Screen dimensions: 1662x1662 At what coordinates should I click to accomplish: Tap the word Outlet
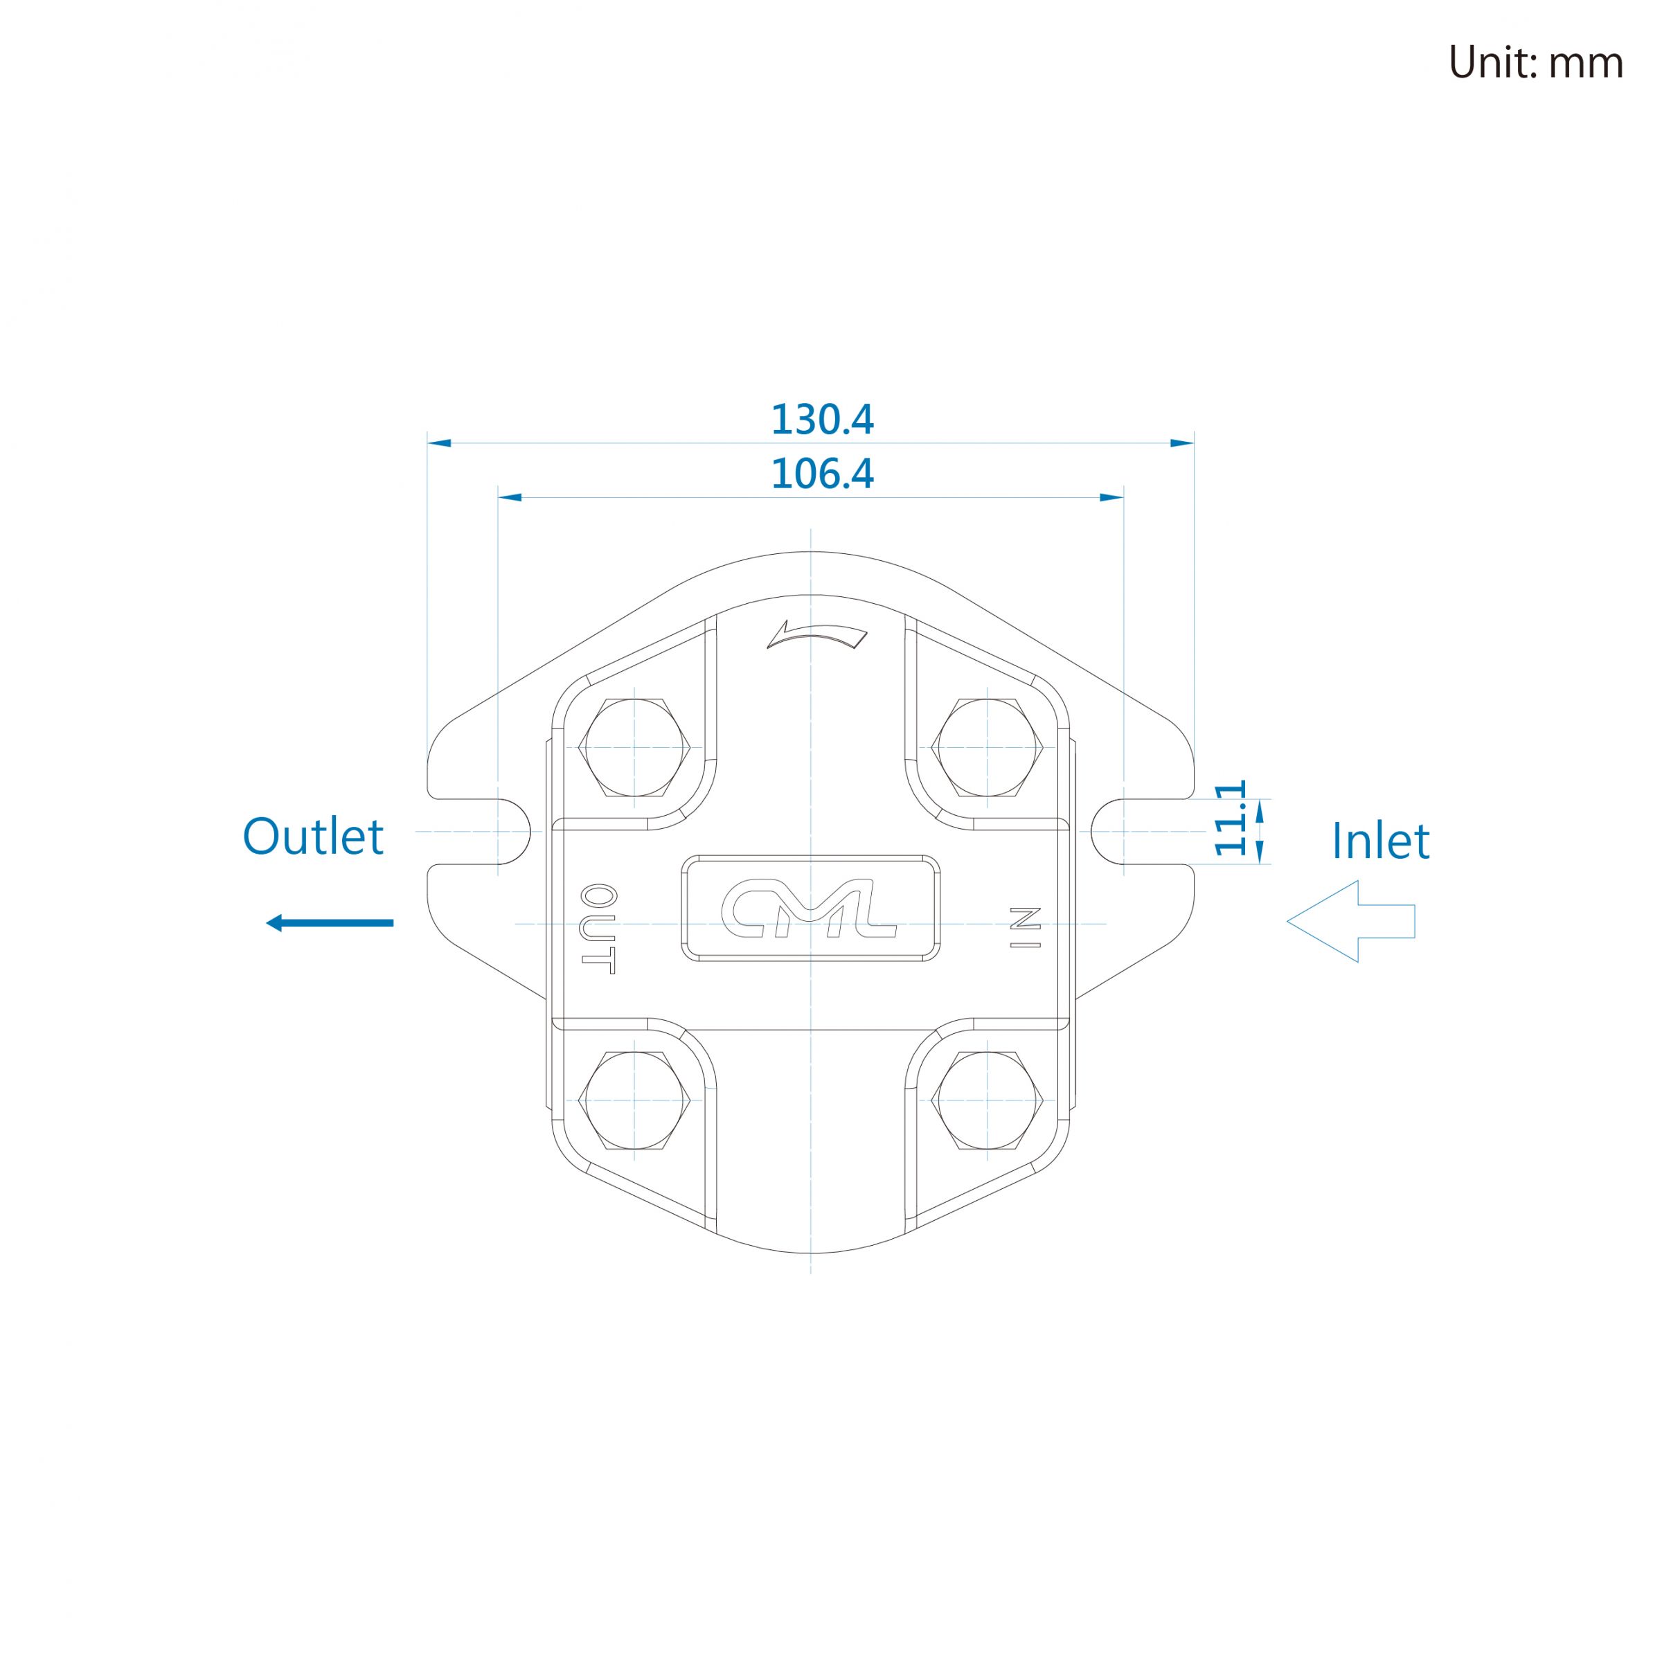point(312,836)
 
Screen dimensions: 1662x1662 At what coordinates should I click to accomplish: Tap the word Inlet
point(1380,841)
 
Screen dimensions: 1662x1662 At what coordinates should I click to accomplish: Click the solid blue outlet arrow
point(330,923)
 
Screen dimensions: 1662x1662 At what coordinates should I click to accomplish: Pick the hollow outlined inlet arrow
point(1350,921)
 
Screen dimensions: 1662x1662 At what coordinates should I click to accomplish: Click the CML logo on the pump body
point(810,909)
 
